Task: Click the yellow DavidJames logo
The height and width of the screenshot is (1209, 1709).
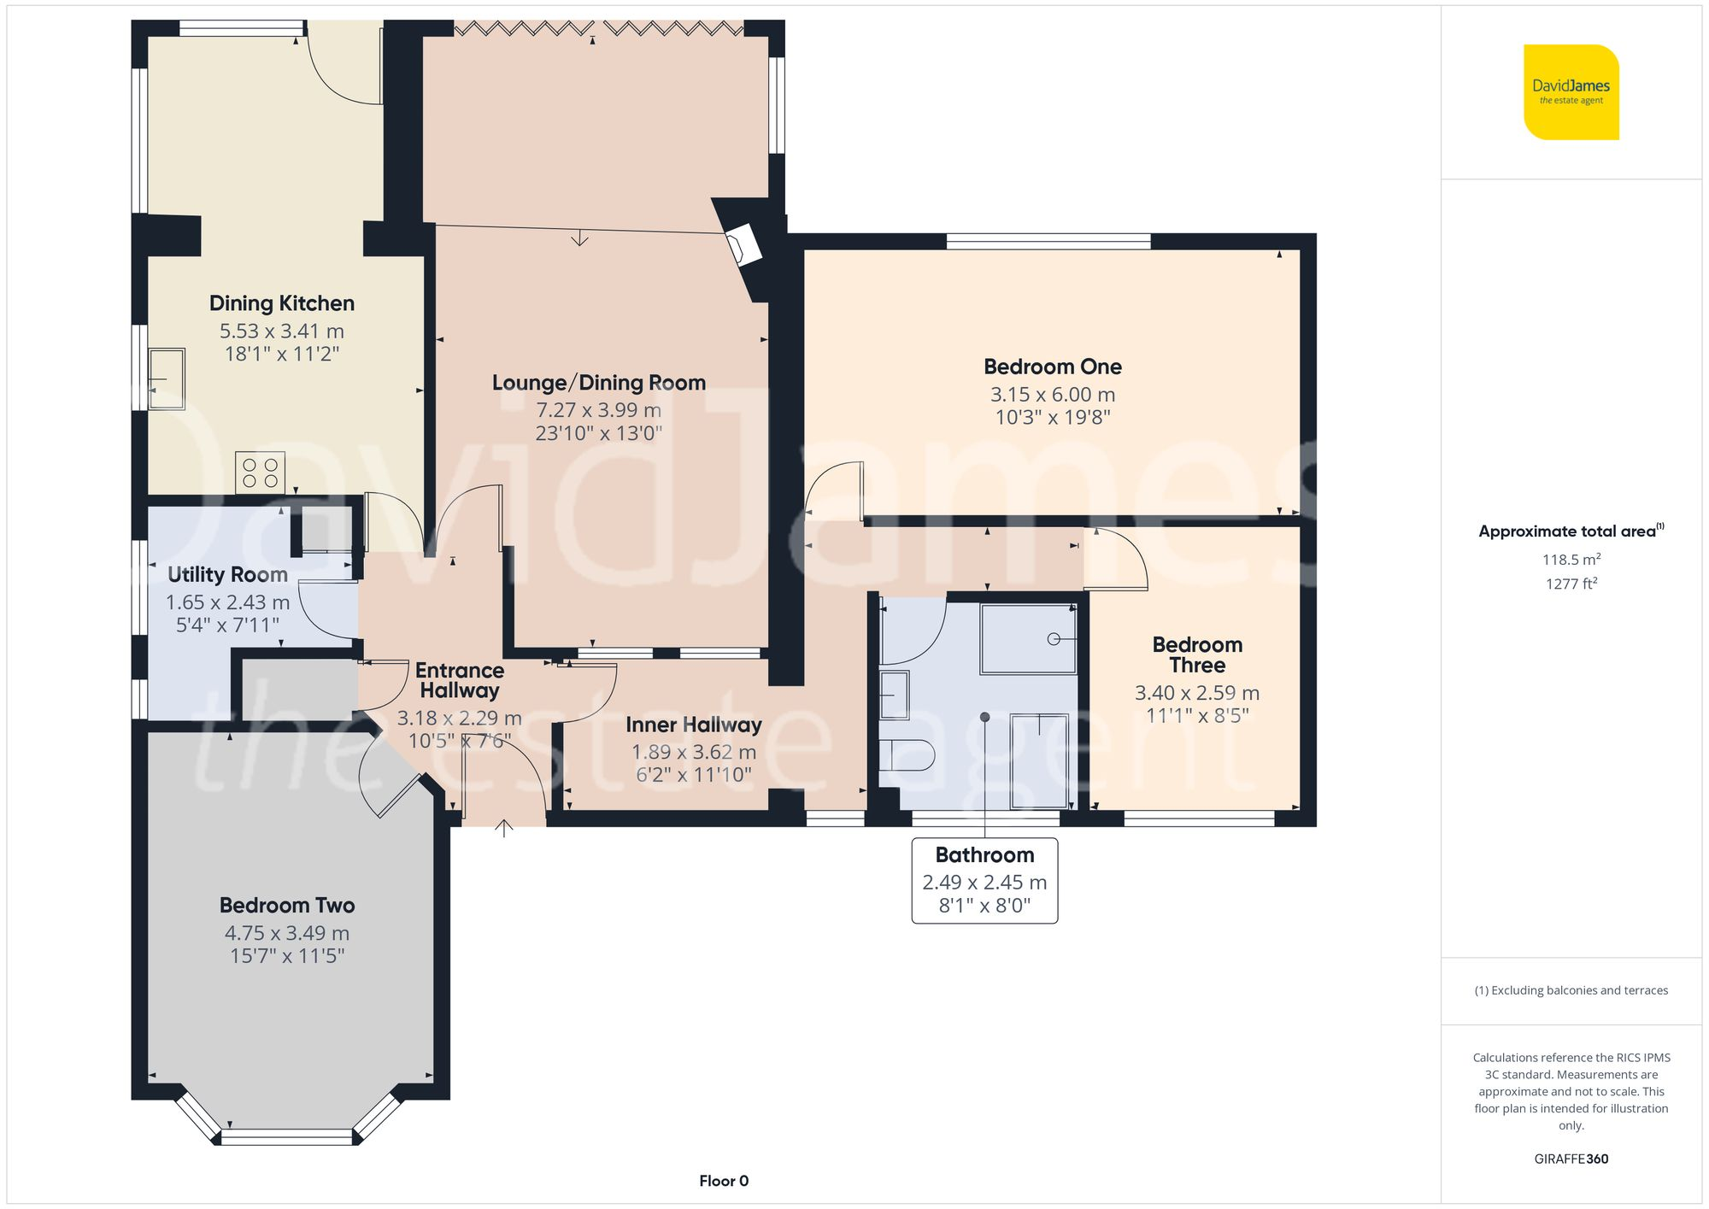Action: click(x=1571, y=92)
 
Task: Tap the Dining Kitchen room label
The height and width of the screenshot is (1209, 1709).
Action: click(x=281, y=303)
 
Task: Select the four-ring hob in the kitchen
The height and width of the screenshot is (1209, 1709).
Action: click(x=260, y=472)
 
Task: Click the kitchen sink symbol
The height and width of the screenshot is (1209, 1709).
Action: click(x=167, y=379)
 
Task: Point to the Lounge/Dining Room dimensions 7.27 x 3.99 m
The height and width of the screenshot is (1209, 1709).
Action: click(x=598, y=410)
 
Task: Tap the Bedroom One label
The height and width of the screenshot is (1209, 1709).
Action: click(x=1052, y=367)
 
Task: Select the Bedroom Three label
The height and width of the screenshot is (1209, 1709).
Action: click(x=1196, y=654)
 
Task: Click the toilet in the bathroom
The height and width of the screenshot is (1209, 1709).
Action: click(x=907, y=755)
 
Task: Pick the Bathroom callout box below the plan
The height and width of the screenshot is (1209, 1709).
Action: click(x=984, y=880)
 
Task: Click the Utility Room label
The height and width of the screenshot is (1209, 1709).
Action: click(x=227, y=575)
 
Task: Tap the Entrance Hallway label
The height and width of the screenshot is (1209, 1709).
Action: click(x=460, y=680)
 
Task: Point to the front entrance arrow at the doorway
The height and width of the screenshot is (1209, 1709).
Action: click(x=504, y=827)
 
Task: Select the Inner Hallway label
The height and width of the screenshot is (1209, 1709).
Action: click(x=693, y=725)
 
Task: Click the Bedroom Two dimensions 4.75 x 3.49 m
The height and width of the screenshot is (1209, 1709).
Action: click(x=287, y=933)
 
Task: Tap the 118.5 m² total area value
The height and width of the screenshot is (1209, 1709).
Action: click(x=1571, y=560)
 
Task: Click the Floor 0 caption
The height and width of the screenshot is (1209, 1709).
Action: click(x=723, y=1181)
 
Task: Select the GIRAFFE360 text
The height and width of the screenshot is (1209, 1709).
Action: click(x=1571, y=1159)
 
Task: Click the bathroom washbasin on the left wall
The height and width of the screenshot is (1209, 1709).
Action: click(x=895, y=695)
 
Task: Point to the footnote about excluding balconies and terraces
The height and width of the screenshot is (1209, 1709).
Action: click(x=1571, y=990)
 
